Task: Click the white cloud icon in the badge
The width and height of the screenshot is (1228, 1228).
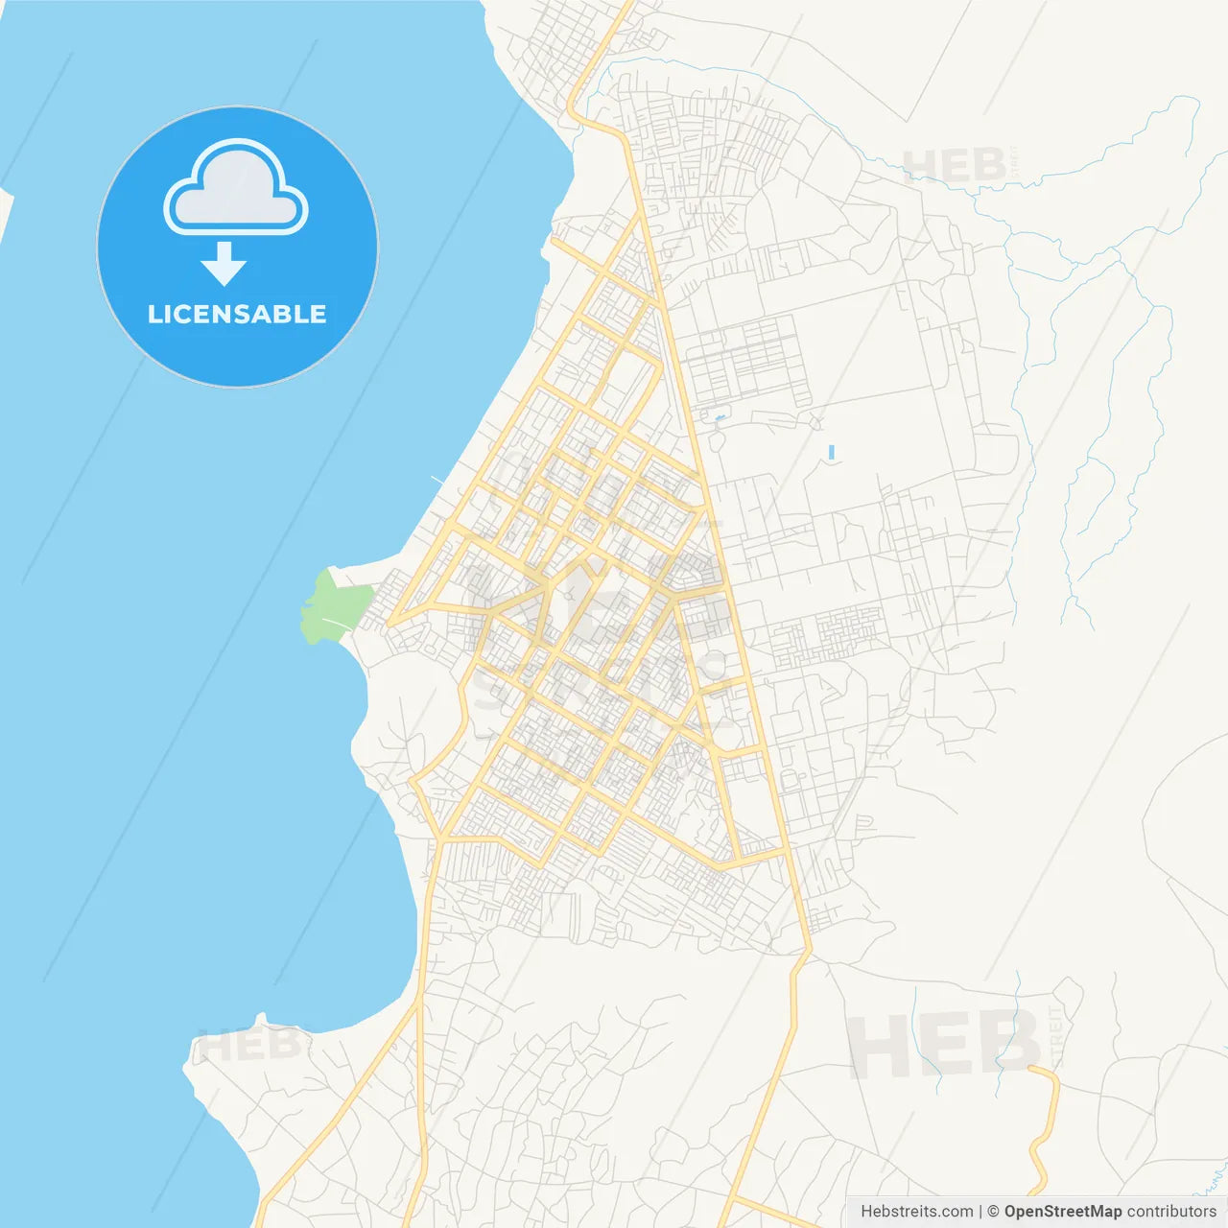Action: point(236,189)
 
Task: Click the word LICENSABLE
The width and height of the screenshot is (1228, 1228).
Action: point(237,314)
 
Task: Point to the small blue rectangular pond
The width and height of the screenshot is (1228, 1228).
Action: point(831,451)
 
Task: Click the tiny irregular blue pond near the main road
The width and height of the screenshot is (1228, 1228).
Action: point(719,419)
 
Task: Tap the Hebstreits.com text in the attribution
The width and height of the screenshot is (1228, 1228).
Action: point(916,1212)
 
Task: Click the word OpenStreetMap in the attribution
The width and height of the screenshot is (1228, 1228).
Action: point(1062,1212)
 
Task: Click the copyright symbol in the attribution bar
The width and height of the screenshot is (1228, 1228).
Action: point(993,1212)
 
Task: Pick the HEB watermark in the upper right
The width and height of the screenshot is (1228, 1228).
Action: point(955,167)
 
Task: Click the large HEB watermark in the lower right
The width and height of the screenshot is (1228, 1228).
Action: point(945,1044)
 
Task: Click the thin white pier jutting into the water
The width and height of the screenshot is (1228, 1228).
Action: point(439,479)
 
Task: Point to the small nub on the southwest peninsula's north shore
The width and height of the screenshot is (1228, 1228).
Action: point(260,1019)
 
